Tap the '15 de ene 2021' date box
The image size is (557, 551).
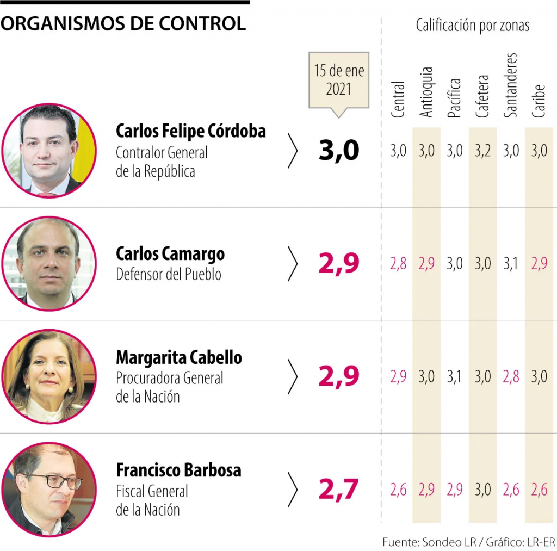339,80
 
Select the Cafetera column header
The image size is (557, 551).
482,96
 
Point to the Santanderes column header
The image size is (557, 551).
510,85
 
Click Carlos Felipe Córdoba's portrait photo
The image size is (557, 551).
49,150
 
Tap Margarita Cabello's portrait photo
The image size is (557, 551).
49,376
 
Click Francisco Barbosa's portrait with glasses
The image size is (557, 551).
49,489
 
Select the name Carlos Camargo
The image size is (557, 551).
170,254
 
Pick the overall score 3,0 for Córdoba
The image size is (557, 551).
339,151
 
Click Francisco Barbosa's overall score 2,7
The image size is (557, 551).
339,490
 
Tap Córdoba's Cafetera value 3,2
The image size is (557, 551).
482,151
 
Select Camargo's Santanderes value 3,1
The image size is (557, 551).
511,264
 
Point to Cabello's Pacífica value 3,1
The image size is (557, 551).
454,376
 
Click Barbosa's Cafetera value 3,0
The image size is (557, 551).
482,490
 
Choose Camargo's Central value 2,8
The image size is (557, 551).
398,264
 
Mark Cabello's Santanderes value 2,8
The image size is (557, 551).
511,376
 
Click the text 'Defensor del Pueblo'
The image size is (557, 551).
169,274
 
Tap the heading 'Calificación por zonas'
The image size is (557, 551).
472,25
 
